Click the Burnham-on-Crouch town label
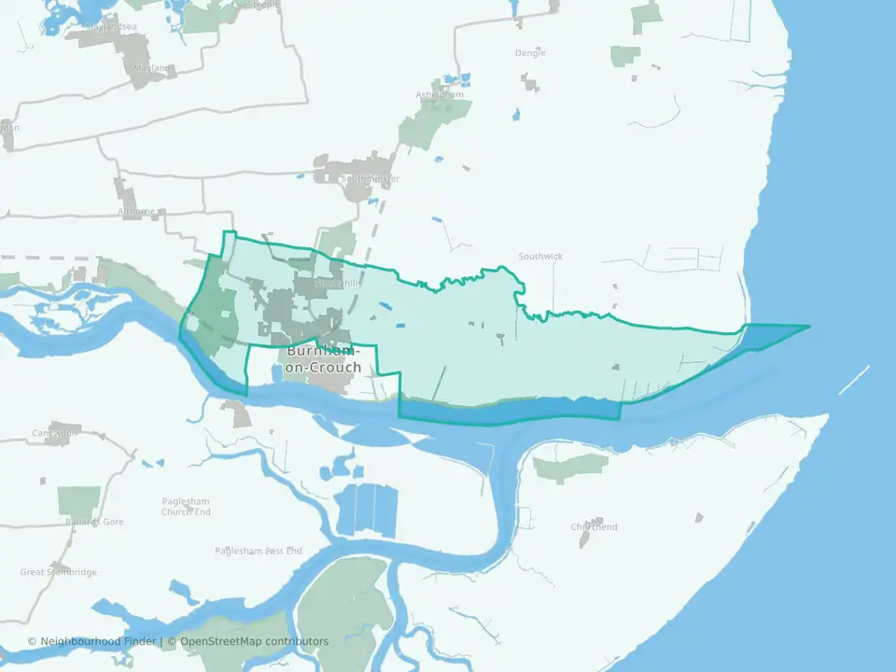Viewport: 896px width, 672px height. click(323, 359)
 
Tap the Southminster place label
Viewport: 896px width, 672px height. click(371, 178)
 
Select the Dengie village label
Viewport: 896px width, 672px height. click(530, 53)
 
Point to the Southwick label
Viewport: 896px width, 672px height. click(540, 256)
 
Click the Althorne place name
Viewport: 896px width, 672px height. click(136, 211)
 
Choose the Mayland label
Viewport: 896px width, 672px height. click(151, 68)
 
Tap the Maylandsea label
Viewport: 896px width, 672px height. click(110, 26)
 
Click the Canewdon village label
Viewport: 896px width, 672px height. click(54, 433)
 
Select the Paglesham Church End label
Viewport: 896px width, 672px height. click(186, 506)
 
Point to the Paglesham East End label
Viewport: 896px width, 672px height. click(259, 551)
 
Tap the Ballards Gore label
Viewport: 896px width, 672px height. click(94, 522)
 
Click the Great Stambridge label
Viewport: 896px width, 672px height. click(58, 572)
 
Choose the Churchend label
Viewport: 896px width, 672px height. click(594, 526)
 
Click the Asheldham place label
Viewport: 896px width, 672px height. click(439, 94)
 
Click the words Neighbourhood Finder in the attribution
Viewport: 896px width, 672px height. click(99, 641)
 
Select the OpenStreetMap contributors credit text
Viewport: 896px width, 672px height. click(254, 641)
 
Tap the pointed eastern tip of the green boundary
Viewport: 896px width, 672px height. click(807, 326)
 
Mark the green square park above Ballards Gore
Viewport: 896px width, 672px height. click(78, 500)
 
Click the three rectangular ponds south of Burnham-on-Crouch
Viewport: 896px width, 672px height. click(367, 510)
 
